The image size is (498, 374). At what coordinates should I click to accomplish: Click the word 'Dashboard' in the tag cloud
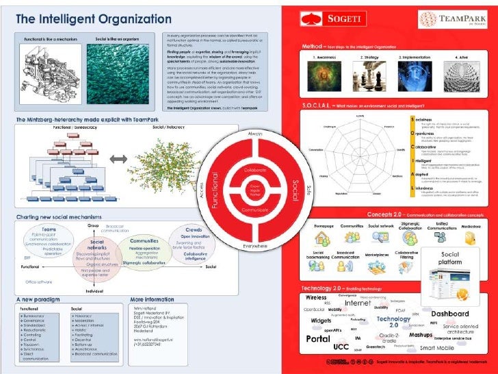(449, 313)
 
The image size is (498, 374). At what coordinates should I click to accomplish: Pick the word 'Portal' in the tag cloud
(318, 339)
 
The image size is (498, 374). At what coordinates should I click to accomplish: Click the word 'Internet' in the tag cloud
(358, 303)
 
